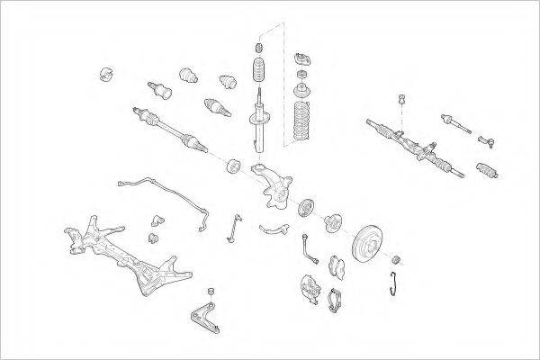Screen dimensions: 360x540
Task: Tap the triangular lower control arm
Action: [205, 316]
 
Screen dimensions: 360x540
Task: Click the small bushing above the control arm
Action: [211, 291]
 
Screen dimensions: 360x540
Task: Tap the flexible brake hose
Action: [308, 245]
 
